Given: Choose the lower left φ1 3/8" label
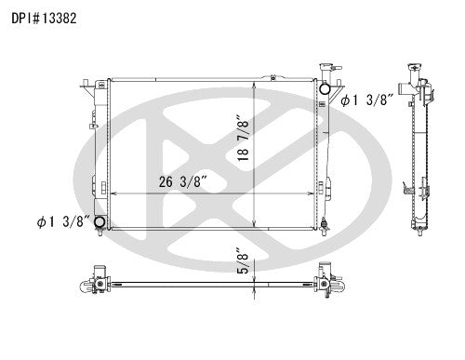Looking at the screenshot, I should point(62,220).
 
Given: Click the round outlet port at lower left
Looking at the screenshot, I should point(100,221).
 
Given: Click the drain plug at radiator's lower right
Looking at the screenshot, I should point(323,222).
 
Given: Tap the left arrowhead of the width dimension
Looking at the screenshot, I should point(114,193).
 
